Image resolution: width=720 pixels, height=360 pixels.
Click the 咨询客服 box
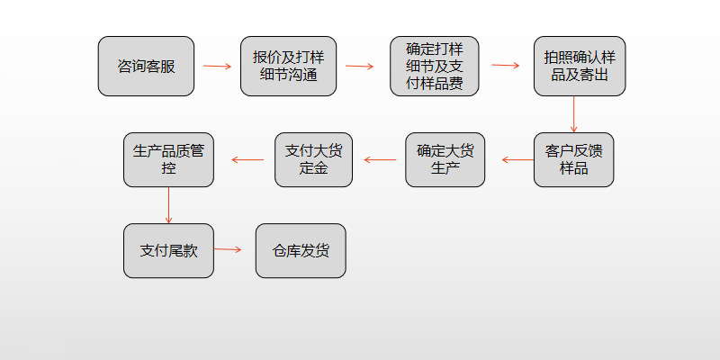pos(146,66)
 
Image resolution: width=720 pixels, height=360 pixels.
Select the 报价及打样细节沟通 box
pos(288,66)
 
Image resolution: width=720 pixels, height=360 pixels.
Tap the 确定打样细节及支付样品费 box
pos(434,66)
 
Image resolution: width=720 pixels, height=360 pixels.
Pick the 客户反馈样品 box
pos(573,159)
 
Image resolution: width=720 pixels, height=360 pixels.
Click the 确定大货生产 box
pos(445,159)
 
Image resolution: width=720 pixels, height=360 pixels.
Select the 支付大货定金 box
pos(314,159)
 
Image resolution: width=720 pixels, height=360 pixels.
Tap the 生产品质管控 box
pos(168,159)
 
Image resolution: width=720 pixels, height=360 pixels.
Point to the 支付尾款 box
pos(168,250)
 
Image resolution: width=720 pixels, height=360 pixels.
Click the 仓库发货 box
pos(301,250)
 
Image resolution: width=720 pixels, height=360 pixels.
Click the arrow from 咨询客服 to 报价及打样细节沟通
pos(217,66)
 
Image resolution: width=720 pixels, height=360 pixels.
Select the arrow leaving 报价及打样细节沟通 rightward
pos(359,66)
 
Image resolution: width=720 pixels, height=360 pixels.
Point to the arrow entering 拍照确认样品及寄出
pos(506,66)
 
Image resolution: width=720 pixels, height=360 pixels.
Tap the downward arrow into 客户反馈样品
pos(574,114)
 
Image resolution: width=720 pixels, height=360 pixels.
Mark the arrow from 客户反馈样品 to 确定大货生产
pos(517,160)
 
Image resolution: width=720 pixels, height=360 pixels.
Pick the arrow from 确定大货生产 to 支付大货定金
pos(380,160)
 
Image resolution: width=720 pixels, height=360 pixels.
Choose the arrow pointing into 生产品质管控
pos(247,160)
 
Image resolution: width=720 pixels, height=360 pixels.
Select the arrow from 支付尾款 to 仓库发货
pos(229,249)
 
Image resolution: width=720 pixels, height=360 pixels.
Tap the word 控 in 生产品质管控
pos(168,168)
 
